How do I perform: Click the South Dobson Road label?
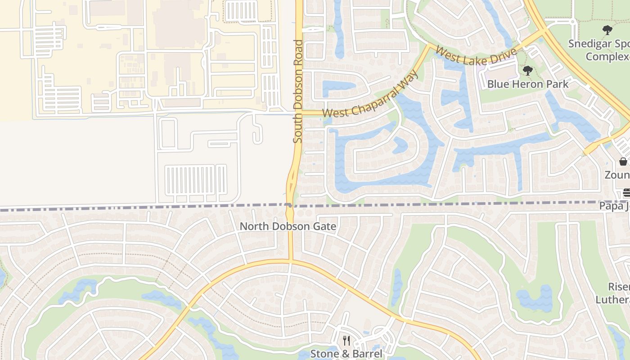tap(298, 91)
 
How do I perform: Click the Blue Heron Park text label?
tap(528, 84)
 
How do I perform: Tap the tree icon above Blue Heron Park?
tap(528, 71)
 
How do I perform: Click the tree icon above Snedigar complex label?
tap(607, 31)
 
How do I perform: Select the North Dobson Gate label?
tap(288, 226)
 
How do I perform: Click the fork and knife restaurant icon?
tap(346, 341)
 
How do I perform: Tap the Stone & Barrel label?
tap(346, 354)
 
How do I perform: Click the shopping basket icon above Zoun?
tap(623, 162)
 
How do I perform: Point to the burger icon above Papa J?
tap(626, 193)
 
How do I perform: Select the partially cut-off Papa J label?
tap(614, 206)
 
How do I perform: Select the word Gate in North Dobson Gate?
tap(326, 226)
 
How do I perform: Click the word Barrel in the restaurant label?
tap(366, 354)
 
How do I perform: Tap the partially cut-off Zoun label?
tap(617, 175)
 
